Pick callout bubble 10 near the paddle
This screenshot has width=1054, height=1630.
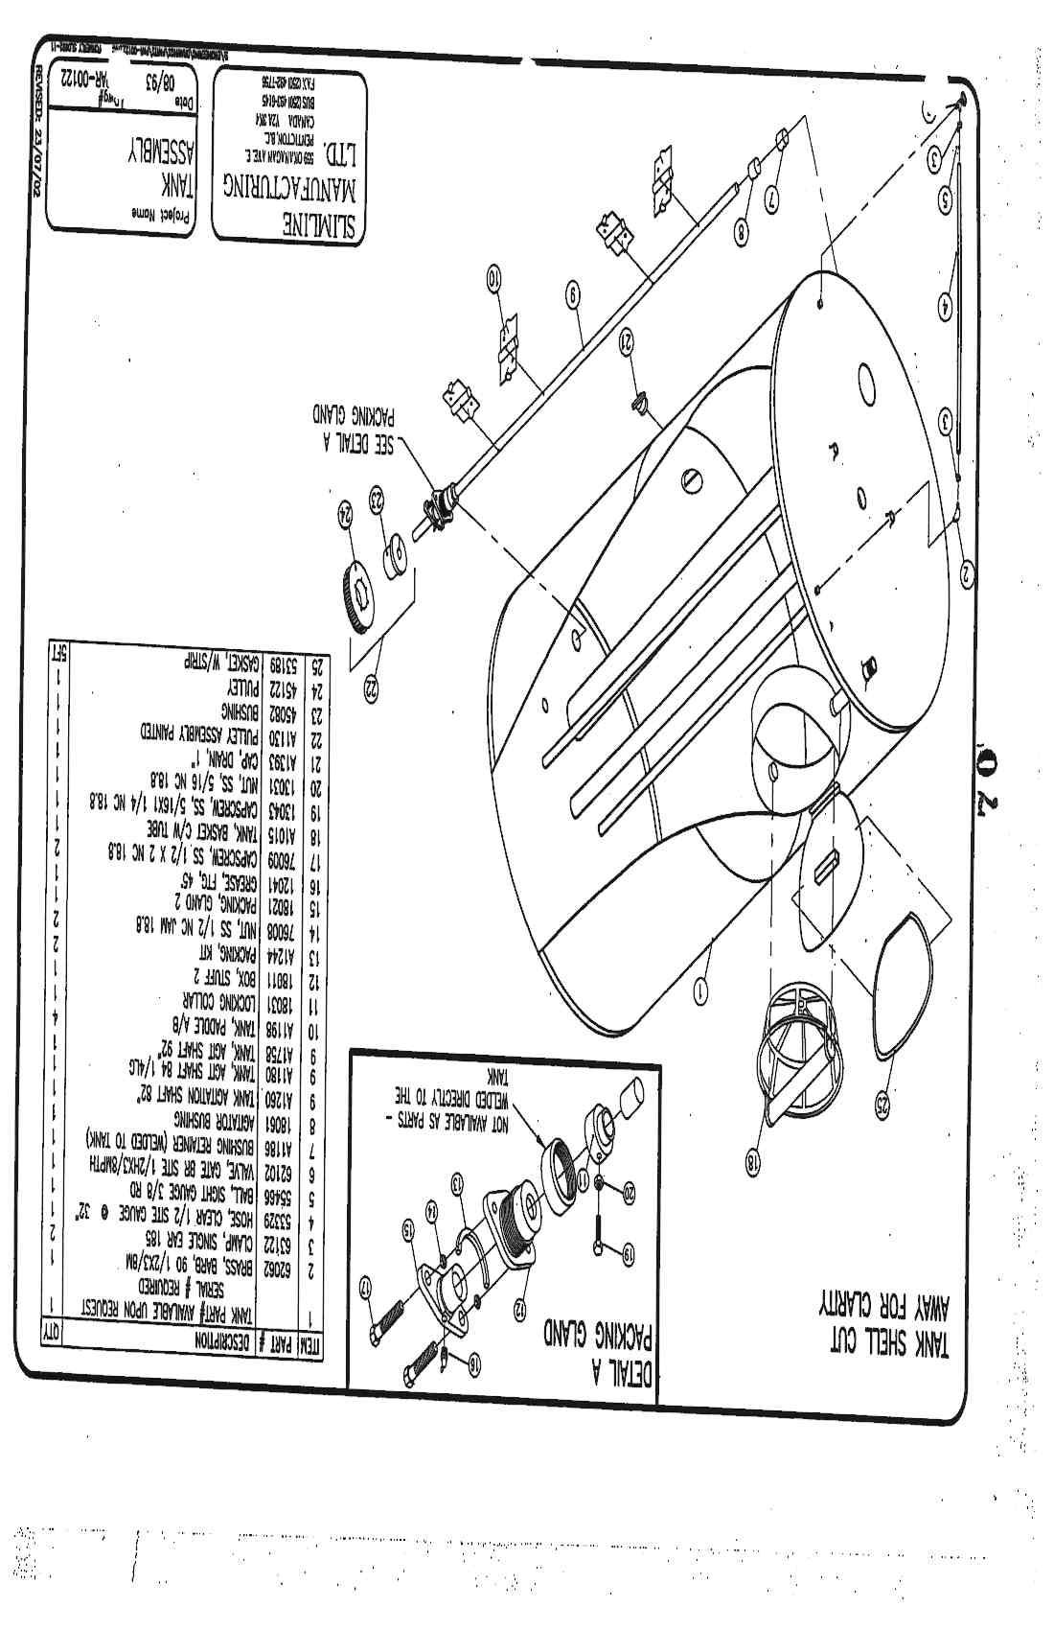coord(494,281)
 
